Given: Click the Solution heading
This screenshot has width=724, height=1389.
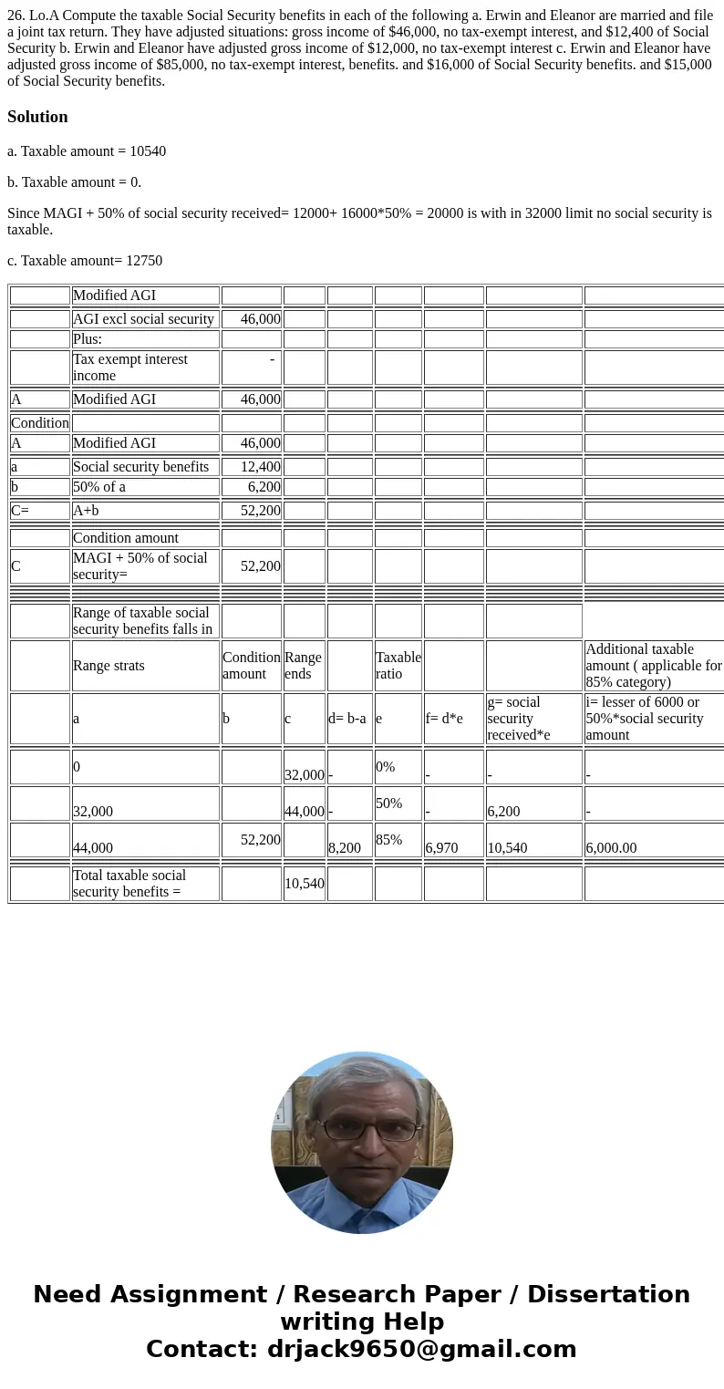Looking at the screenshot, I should coord(37,117).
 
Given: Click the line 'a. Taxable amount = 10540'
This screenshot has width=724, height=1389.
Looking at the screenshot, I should coord(87,151).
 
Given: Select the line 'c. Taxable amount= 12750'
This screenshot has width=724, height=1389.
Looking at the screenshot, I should coord(85,261).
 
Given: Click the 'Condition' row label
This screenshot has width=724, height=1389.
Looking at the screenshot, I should coord(40,423).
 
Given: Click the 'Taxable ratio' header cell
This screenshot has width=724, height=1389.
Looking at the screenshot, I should coord(398,666).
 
